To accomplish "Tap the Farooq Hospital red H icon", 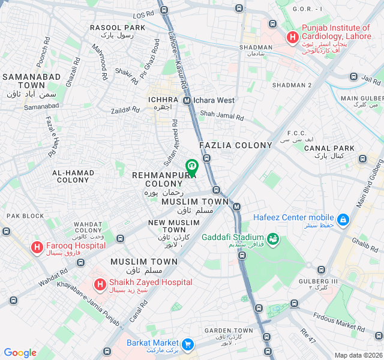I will (x=37, y=246).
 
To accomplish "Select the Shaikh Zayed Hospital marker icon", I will (x=100, y=284).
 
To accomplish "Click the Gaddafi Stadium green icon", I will (x=273, y=239).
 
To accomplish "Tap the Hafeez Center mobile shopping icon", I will (x=343, y=220).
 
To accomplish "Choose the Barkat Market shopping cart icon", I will (x=188, y=344).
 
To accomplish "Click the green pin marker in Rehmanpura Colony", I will (x=191, y=167).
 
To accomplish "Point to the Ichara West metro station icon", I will (x=187, y=101).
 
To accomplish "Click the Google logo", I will (x=20, y=353).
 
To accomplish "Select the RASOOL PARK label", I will (x=118, y=28).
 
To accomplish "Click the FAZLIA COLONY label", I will (x=236, y=145).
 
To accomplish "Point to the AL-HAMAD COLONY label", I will (x=73, y=176).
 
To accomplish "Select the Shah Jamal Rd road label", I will (x=220, y=113).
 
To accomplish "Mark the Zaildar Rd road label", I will (x=125, y=110).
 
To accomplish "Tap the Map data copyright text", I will (x=358, y=355).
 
